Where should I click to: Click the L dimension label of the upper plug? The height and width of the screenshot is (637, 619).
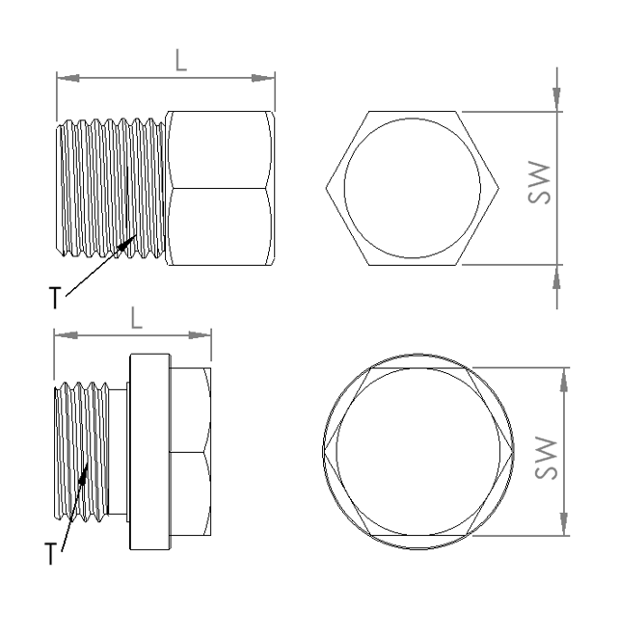(181, 61)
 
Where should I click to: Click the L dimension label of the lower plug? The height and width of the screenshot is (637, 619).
(137, 318)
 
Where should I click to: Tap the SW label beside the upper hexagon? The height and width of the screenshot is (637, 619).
(539, 182)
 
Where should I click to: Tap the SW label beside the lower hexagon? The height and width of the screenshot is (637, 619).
(546, 458)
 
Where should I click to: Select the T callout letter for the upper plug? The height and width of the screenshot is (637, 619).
(55, 298)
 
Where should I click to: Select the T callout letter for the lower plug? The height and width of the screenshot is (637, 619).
(51, 553)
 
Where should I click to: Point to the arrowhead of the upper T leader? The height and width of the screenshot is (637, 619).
(127, 242)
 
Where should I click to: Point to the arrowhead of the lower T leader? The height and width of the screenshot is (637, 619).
(83, 474)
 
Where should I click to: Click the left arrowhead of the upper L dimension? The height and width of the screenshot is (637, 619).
(67, 78)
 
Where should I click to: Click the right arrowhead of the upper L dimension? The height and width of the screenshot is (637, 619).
(263, 78)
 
